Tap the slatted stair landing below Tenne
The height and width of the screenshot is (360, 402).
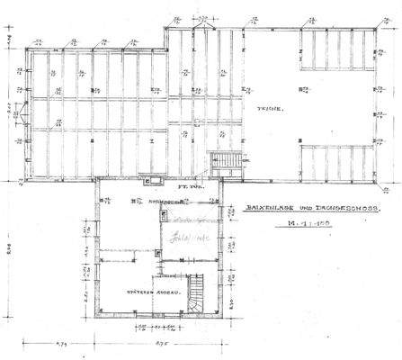227,162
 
